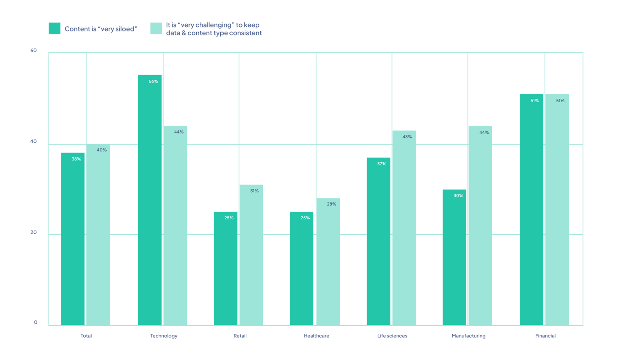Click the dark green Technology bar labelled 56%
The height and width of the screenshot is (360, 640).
(150, 200)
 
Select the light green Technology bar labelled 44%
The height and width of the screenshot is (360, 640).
(175, 225)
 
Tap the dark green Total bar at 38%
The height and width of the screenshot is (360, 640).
(72, 239)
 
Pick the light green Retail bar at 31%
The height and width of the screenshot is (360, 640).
(251, 255)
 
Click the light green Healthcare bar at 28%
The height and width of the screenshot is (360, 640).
(328, 262)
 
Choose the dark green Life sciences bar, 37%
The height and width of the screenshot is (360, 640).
(378, 241)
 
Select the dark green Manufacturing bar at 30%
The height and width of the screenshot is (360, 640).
(454, 257)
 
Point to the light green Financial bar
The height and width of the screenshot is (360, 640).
(557, 209)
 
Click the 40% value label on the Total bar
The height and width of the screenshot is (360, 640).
(102, 150)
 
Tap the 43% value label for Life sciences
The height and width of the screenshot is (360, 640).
(407, 137)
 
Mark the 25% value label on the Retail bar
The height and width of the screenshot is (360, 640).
(229, 218)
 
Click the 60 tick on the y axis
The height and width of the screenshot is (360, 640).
(33, 50)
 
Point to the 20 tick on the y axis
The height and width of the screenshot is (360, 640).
(33, 232)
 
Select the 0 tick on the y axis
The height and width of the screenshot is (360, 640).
(36, 322)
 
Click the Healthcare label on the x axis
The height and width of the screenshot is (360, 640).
(316, 336)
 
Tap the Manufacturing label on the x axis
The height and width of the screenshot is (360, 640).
(468, 336)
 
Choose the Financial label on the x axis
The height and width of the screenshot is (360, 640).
(545, 336)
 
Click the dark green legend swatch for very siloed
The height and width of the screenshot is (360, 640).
(55, 28)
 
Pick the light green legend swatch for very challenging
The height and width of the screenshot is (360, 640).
(156, 28)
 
